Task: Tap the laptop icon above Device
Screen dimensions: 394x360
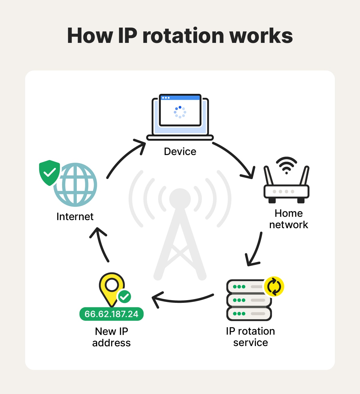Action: tap(180, 117)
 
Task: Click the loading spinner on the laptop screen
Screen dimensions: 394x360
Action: tap(180, 112)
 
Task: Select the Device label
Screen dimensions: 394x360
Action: tap(180, 151)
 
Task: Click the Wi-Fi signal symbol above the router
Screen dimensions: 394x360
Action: tap(286, 165)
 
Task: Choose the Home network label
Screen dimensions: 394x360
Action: tap(289, 219)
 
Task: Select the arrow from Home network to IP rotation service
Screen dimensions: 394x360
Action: tap(255, 250)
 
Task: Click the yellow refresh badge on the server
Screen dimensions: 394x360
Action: tap(274, 287)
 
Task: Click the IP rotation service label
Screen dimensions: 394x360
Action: tap(250, 337)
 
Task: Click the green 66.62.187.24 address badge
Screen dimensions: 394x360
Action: tap(111, 314)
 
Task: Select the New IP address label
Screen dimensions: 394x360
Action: tap(111, 337)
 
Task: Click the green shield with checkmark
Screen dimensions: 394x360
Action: tap(49, 172)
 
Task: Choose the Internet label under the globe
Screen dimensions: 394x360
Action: tap(75, 216)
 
